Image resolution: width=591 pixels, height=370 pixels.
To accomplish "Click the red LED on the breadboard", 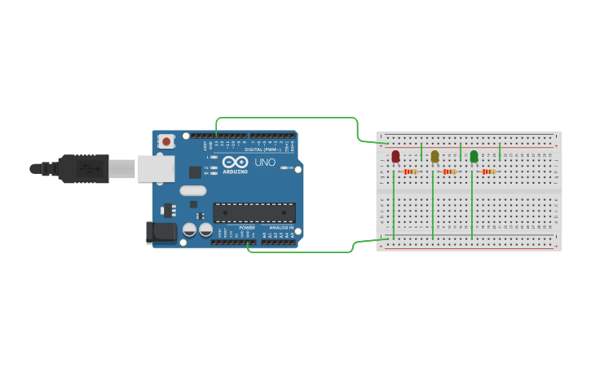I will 395,156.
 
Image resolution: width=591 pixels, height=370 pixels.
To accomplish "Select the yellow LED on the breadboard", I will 434,156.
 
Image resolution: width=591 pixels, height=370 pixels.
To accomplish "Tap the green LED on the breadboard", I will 474,156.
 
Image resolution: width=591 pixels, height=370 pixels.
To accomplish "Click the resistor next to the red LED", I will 410,172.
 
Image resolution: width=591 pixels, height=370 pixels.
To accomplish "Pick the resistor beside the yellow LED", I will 449,172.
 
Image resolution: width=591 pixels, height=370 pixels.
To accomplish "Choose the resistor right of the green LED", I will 488,172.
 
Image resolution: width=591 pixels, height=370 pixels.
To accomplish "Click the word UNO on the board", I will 265,163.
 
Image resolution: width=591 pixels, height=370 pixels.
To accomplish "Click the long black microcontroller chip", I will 254,212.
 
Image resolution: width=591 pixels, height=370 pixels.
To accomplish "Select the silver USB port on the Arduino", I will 155,169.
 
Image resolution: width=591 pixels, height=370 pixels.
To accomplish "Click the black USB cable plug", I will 82,169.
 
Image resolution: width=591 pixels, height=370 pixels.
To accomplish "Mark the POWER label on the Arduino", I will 247,228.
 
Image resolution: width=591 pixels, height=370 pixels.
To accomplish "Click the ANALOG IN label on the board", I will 281,228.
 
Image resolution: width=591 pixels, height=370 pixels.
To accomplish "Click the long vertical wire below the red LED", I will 394,208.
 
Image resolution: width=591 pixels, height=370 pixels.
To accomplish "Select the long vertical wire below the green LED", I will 472,208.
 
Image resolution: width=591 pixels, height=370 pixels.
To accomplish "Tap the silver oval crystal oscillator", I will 193,191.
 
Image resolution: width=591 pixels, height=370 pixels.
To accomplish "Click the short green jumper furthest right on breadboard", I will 500,152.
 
